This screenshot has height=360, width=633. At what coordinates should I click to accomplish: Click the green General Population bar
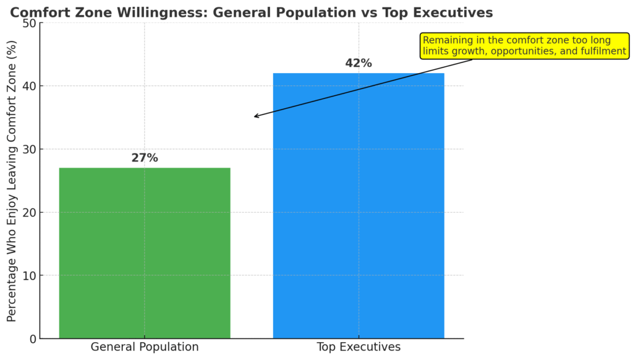click(145, 253)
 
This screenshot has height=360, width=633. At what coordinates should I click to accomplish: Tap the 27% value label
click(145, 158)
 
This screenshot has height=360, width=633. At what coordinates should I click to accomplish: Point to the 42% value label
click(359, 63)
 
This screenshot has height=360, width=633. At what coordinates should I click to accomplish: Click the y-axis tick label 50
click(28, 24)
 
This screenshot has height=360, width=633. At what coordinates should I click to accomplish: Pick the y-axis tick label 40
click(28, 87)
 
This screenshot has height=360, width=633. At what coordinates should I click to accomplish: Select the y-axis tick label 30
click(28, 150)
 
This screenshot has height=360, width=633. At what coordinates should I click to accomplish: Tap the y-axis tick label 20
click(28, 213)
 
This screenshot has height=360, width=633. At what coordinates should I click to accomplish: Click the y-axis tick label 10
click(28, 276)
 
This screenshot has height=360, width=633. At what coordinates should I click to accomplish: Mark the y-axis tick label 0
click(32, 339)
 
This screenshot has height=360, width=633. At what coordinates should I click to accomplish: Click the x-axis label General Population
click(145, 347)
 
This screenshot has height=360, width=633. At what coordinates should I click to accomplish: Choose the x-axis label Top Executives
click(359, 347)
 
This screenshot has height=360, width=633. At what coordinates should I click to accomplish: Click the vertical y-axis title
click(12, 181)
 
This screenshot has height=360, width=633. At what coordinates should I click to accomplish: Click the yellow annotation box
click(524, 46)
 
